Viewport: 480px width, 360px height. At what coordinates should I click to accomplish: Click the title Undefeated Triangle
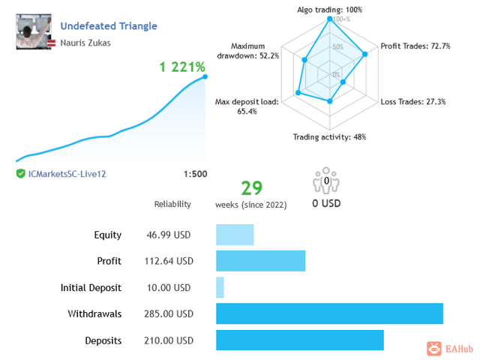click(x=109, y=25)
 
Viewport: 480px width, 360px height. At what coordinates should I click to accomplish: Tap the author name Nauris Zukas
click(x=85, y=43)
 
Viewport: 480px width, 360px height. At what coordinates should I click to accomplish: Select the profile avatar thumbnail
click(x=34, y=31)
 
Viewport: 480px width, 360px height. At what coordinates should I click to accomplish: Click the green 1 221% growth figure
click(x=181, y=67)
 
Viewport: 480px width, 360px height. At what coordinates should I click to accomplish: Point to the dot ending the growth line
click(x=205, y=76)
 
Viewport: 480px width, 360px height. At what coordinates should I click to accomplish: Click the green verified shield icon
click(x=21, y=173)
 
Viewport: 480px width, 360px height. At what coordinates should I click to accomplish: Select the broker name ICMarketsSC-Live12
click(x=67, y=174)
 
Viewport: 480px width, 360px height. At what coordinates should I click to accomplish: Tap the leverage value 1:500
click(x=195, y=174)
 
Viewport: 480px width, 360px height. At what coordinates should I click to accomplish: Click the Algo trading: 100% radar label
click(x=330, y=10)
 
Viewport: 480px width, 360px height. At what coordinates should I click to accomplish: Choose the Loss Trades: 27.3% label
click(x=413, y=102)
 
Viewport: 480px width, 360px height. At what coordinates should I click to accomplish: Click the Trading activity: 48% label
click(x=329, y=136)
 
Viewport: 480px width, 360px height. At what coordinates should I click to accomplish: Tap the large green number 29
click(x=250, y=187)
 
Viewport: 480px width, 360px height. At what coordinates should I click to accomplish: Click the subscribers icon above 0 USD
click(x=326, y=183)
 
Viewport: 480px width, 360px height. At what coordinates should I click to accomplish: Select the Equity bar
click(x=235, y=235)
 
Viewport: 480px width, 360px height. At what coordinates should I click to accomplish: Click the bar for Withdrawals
click(x=329, y=313)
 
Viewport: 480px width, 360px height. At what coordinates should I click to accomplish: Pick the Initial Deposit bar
click(x=220, y=287)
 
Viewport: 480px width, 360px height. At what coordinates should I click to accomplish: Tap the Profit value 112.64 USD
click(x=169, y=261)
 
